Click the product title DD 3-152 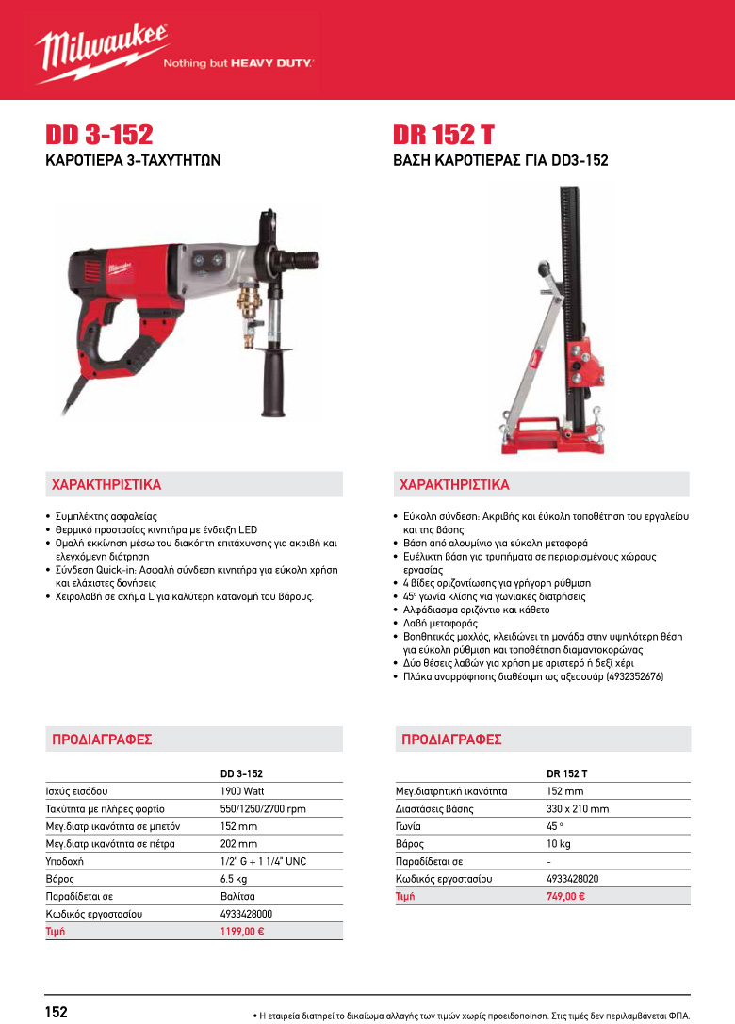[x=99, y=135]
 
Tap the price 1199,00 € [x=241, y=931]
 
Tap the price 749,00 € [x=565, y=896]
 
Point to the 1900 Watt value [x=241, y=791]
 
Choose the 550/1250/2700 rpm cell [x=263, y=809]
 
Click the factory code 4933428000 [x=246, y=914]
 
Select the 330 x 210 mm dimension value [x=578, y=809]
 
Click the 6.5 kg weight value [x=234, y=879]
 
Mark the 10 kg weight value [x=559, y=844]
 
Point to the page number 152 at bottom [x=57, y=1012]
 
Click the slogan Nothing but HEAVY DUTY [x=238, y=65]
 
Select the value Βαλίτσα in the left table [x=237, y=896]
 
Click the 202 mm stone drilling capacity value [x=238, y=844]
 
